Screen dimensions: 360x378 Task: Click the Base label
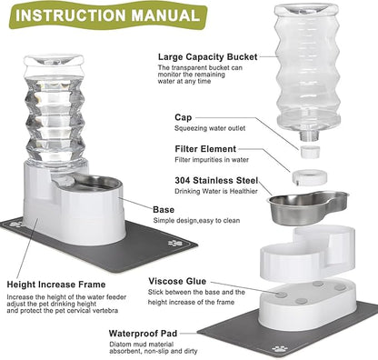click(139, 208)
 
